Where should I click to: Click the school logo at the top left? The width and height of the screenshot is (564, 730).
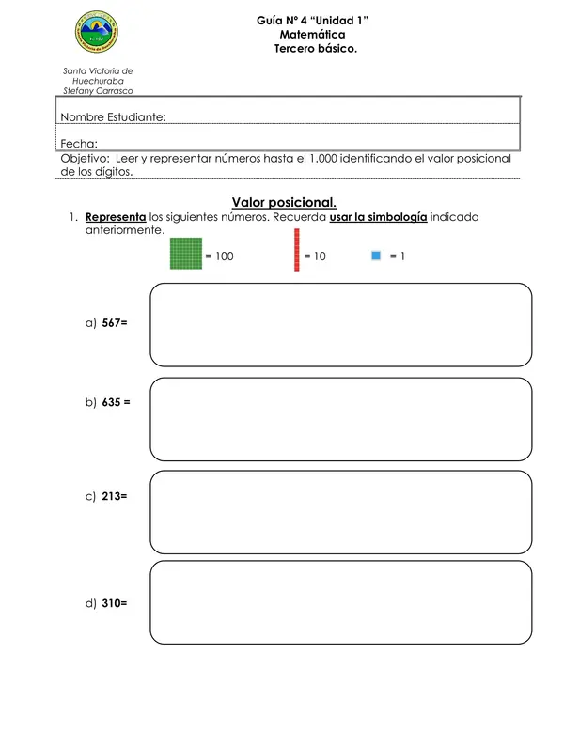coord(98,35)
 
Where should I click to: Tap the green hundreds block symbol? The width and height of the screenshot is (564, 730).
coord(186,254)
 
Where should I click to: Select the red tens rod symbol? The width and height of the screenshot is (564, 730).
coord(297,251)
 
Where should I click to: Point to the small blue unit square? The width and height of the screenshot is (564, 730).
coord(376,255)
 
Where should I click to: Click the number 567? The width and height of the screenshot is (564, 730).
coord(113,322)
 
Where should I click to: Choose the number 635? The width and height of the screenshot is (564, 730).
coord(113,402)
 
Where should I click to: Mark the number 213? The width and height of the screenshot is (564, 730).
coord(113,496)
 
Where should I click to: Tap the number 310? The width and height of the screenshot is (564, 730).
coord(113,604)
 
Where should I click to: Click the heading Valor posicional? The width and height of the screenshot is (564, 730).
coord(284,202)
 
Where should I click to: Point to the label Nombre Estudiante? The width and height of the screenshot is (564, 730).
coord(114,117)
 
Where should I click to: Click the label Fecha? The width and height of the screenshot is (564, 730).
coord(79,144)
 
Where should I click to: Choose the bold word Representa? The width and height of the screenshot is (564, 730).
coord(116,217)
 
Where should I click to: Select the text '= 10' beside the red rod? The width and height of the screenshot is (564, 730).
coord(315,256)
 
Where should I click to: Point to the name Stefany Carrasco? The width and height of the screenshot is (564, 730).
coord(98,91)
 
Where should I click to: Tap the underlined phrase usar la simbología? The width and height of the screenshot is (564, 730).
coord(379,217)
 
